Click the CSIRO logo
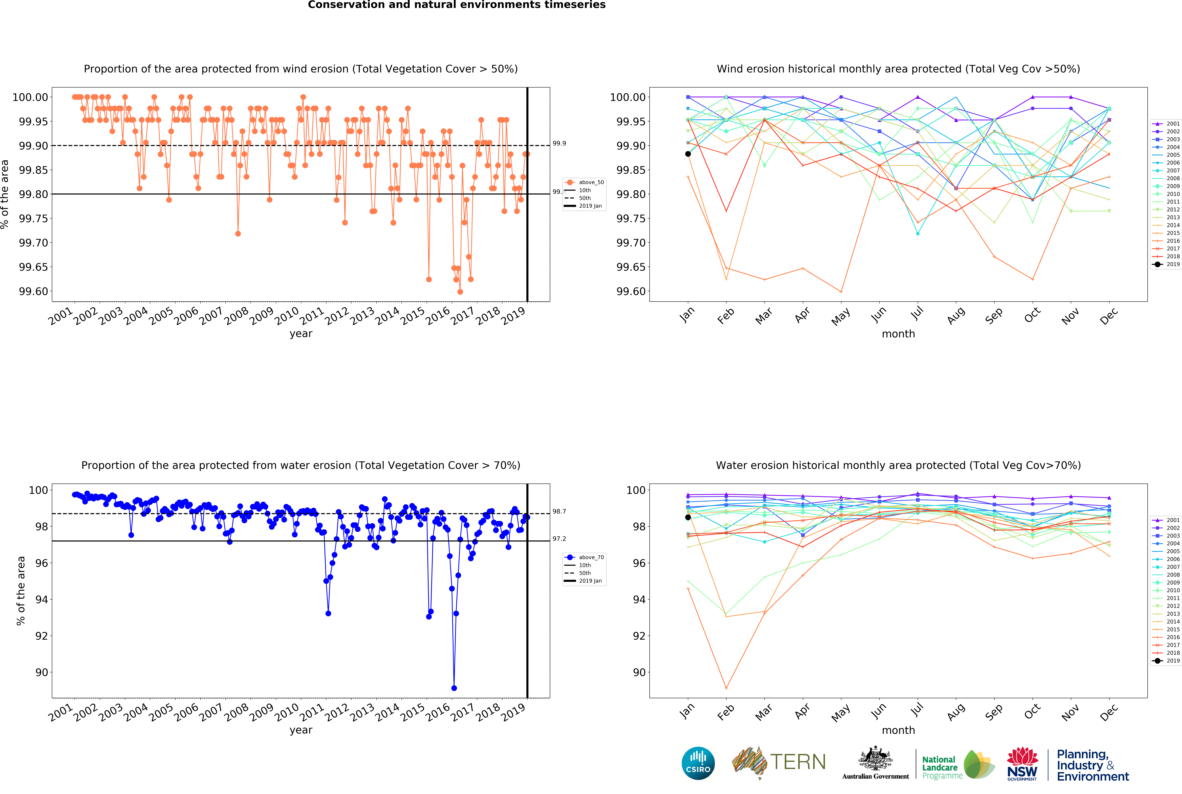(698, 763)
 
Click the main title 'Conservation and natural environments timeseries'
(456, 5)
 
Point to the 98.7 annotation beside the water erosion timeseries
(559, 511)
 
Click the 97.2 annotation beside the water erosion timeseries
(559, 539)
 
